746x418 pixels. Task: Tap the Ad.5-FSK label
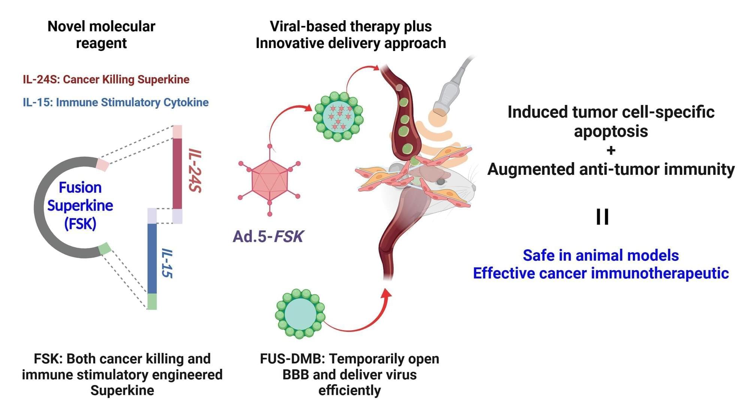pyautogui.click(x=268, y=236)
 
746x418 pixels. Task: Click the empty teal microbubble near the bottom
pyautogui.click(x=300, y=314)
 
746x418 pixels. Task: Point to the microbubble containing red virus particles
pyautogui.click(x=338, y=116)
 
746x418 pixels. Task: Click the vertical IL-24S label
pyautogui.click(x=195, y=171)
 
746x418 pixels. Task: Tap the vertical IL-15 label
pyautogui.click(x=167, y=263)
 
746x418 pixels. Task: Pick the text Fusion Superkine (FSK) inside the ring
pyautogui.click(x=80, y=206)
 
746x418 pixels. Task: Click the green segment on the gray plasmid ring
pyautogui.click(x=105, y=248)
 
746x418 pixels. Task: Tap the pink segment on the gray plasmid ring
pyautogui.click(x=102, y=164)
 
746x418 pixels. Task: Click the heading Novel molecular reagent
pyautogui.click(x=101, y=35)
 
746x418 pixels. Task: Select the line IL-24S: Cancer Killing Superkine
pyautogui.click(x=106, y=80)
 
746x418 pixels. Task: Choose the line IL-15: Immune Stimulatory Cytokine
pyautogui.click(x=115, y=102)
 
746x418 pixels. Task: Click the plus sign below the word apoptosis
pyautogui.click(x=611, y=150)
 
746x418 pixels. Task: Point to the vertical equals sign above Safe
pyautogui.click(x=602, y=217)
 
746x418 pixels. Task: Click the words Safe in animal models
pyautogui.click(x=601, y=256)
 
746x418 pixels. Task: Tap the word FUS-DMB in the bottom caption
pyautogui.click(x=292, y=359)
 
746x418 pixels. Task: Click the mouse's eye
pyautogui.click(x=441, y=182)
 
